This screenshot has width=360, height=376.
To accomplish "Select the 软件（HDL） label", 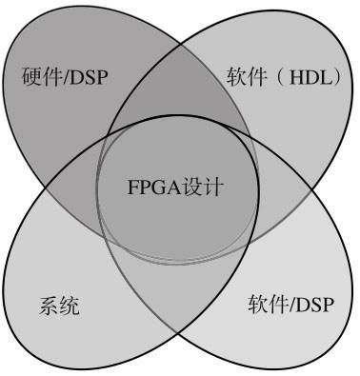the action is coord(284,75).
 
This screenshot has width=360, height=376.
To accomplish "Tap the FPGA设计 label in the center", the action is coord(175,187).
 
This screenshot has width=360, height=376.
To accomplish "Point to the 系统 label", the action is coord(58,307).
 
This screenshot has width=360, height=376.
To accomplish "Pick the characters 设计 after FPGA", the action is coord(203,187).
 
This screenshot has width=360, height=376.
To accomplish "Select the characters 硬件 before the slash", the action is coord(37,76).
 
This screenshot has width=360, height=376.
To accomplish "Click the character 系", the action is coord(48,307).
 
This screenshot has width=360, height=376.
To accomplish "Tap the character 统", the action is coord(69,307).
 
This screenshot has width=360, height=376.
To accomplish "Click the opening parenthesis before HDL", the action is coord(276,75).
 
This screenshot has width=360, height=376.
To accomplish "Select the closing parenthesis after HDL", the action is coord(332,75).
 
